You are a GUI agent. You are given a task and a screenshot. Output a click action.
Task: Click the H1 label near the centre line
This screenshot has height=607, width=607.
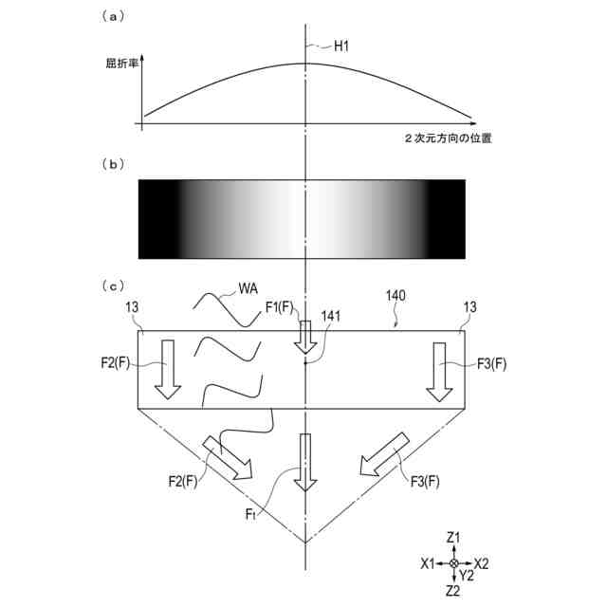click(x=341, y=46)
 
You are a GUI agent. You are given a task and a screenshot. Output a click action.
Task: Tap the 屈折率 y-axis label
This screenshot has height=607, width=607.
click(x=121, y=64)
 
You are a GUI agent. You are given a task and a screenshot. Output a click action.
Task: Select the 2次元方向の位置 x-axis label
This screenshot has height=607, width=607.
click(x=449, y=138)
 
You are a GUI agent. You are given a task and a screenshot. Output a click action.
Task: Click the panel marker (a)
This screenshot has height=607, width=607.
click(x=113, y=17)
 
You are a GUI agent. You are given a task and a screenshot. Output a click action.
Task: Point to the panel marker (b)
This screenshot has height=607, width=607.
click(x=113, y=164)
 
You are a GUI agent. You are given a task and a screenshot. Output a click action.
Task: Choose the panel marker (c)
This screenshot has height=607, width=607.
click(x=113, y=286)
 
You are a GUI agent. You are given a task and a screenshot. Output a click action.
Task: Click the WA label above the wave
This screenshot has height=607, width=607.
click(x=248, y=288)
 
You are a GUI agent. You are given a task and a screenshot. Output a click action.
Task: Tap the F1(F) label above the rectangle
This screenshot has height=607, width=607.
click(x=280, y=307)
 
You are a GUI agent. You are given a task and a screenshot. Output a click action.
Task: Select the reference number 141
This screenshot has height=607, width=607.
click(x=331, y=316)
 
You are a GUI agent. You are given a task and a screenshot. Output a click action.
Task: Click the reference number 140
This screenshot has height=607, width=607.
click(x=395, y=296)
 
